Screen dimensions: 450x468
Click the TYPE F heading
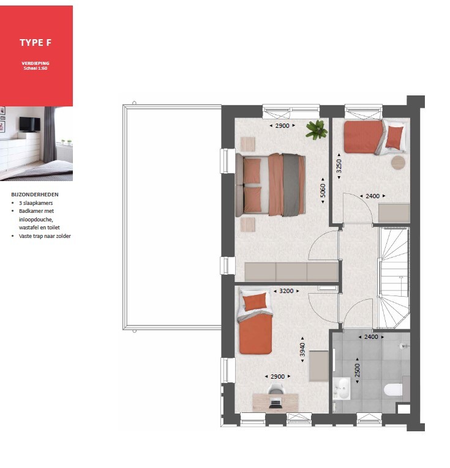pyautogui.click(x=36, y=43)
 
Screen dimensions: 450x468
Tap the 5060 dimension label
pyautogui.click(x=323, y=190)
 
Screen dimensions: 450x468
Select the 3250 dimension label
pyautogui.click(x=339, y=166)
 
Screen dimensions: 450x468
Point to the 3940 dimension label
pyautogui.click(x=302, y=349)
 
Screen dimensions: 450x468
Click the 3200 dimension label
pyautogui.click(x=286, y=291)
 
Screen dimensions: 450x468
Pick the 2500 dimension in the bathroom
pyautogui.click(x=358, y=370)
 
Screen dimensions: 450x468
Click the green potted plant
pyautogui.click(x=317, y=130)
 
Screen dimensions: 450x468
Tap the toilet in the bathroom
pyautogui.click(x=393, y=390)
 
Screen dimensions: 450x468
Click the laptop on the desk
pyautogui.click(x=275, y=403)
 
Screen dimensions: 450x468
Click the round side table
pyautogui.click(x=398, y=163)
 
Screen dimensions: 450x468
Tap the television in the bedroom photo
pyautogui.click(x=30, y=124)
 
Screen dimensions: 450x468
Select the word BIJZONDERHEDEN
pyautogui.click(x=35, y=195)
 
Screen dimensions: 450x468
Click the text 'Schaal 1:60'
pyautogui.click(x=36, y=69)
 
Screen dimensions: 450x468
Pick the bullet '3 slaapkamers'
pyautogui.click(x=36, y=203)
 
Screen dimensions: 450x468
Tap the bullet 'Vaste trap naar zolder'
pyautogui.click(x=45, y=236)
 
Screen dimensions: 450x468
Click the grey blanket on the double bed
pyautogui.click(x=291, y=185)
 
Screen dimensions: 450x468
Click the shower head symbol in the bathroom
pyautogui.click(x=404, y=346)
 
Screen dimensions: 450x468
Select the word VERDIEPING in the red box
pyautogui.click(x=36, y=63)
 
